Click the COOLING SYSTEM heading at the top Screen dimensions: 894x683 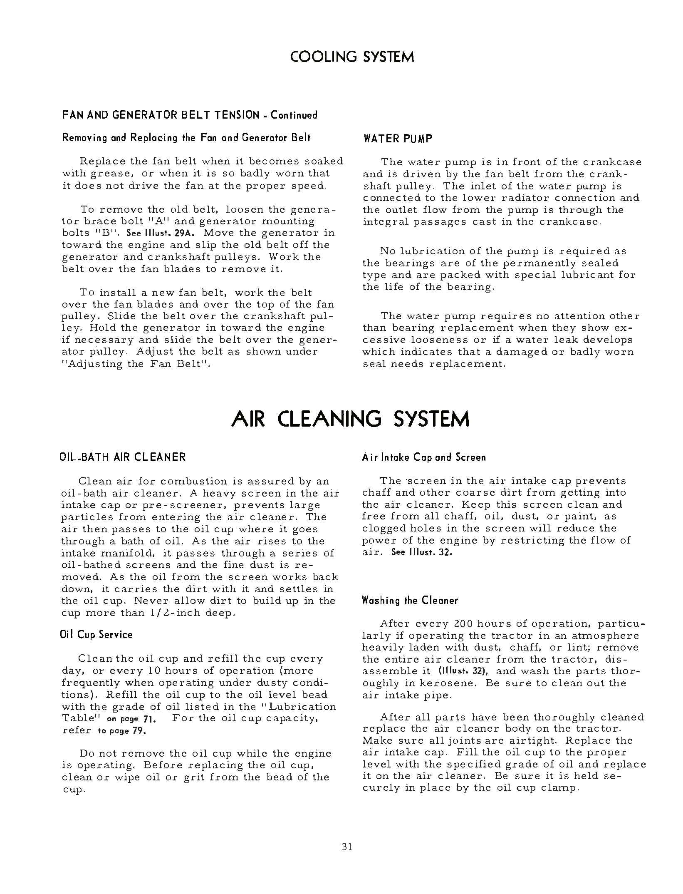click(352, 57)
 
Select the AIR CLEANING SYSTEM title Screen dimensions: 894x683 click(350, 419)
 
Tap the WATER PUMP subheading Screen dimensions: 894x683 click(398, 139)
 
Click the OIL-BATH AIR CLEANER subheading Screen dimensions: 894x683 click(123, 457)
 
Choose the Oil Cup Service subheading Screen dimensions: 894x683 click(97, 635)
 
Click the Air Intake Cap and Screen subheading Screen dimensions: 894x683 click(424, 457)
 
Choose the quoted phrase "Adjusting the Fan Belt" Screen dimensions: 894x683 click(136, 364)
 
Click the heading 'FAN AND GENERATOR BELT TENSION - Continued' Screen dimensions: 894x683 click(190, 115)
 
